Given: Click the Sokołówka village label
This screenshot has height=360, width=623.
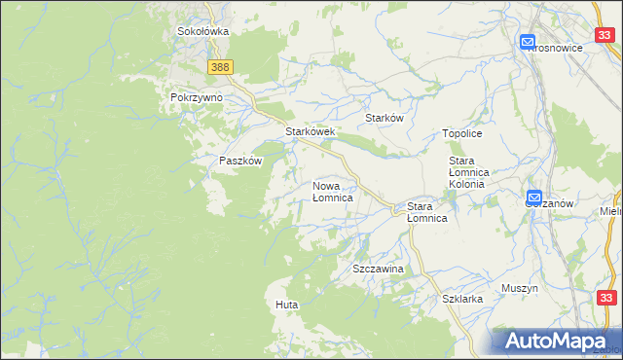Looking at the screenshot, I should pos(202,31).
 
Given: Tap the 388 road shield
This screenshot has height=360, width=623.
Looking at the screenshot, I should pos(220,66).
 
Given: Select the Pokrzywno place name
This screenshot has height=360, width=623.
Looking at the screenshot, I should pos(197,97).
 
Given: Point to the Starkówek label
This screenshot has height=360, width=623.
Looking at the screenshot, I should pos(310,131).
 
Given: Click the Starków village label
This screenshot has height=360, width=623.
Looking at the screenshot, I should pos(384,117).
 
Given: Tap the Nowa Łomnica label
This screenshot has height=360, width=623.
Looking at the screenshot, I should pos(332,191).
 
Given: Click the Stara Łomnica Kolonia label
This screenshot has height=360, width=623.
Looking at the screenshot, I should pos(473,171).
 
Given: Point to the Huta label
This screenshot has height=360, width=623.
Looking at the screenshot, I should pos(286,305).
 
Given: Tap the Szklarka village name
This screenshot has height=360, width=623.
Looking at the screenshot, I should pos(462,299).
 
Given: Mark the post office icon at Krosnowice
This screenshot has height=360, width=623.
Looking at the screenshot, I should pos(528,43).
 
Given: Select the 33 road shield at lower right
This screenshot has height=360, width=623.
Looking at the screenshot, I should pos(605,298).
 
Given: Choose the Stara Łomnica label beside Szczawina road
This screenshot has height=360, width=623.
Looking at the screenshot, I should pos(426,212).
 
